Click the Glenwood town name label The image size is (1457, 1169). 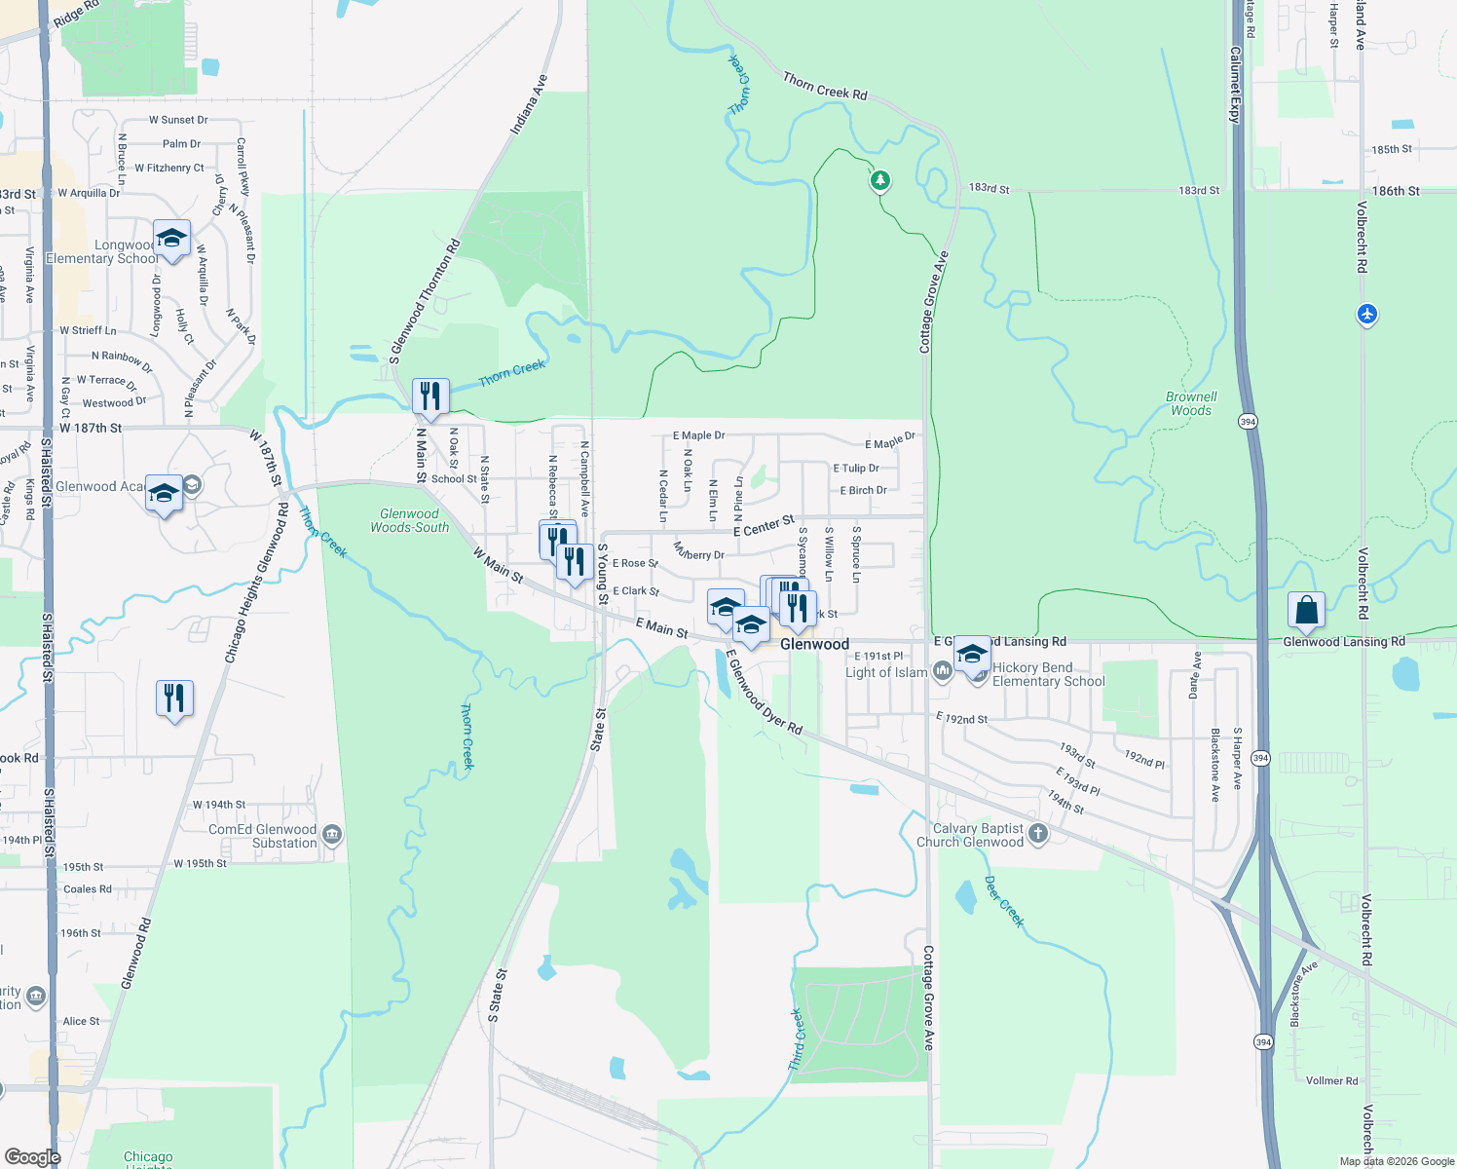[x=814, y=644]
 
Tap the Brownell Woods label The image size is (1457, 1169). [x=1191, y=403]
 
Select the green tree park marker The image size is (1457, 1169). [x=880, y=180]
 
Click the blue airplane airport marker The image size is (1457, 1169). [x=1367, y=314]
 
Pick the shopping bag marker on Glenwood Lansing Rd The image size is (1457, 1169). [x=1306, y=611]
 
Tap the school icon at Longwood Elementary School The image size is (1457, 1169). [x=171, y=239]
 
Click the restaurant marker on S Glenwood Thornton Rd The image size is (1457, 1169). [x=430, y=396]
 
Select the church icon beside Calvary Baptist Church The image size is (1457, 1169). [x=1038, y=833]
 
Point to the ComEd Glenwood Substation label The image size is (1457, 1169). [x=262, y=836]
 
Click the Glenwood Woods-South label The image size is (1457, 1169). [x=409, y=520]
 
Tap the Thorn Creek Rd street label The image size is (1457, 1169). [x=825, y=87]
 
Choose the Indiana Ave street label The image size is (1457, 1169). [x=529, y=104]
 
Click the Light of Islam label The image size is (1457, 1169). [x=886, y=672]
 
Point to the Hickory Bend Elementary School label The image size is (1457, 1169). [x=1048, y=674]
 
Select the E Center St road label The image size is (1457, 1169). [x=764, y=526]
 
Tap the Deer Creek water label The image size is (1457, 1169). [x=1004, y=901]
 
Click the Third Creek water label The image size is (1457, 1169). [x=797, y=1039]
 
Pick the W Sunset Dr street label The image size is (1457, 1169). [x=178, y=120]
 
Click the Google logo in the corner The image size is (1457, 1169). [x=32, y=1156]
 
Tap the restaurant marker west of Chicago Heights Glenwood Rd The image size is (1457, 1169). [x=174, y=698]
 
